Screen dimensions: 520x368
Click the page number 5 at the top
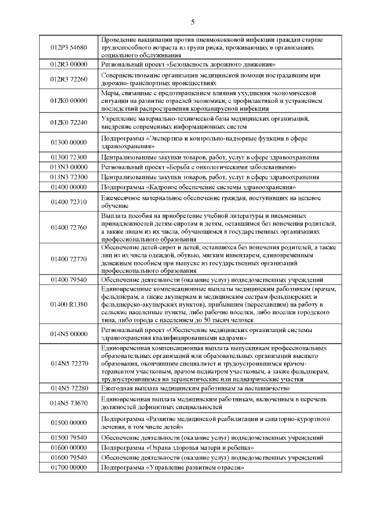click(x=193, y=22)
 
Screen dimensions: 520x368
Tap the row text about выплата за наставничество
click(x=198, y=388)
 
